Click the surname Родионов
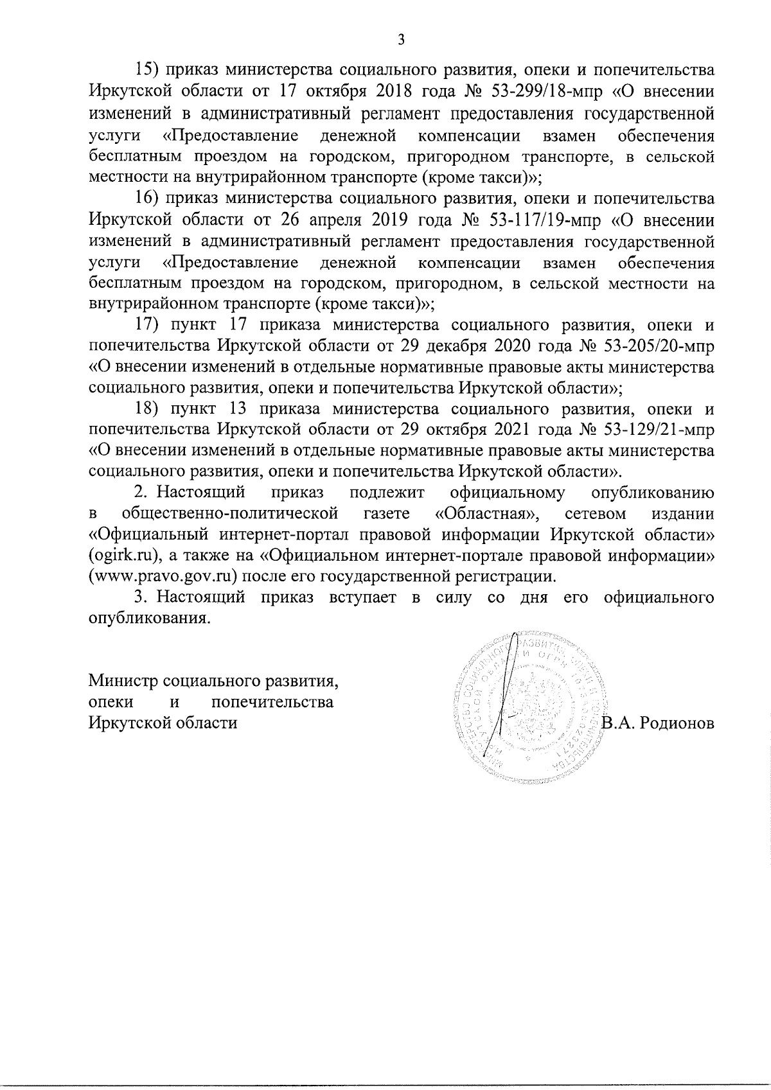click(x=682, y=723)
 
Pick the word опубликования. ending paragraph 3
click(x=149, y=619)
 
